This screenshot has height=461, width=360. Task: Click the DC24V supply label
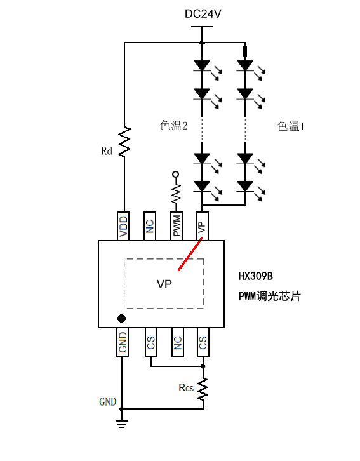[x=203, y=14]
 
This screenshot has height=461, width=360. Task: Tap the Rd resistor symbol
[x=124, y=142]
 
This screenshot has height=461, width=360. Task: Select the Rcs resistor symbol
[x=203, y=389]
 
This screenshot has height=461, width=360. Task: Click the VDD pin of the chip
[x=123, y=226]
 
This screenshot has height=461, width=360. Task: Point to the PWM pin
[x=177, y=226]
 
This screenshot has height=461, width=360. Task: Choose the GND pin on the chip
[x=123, y=342]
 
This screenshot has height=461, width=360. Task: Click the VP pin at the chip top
[x=202, y=226]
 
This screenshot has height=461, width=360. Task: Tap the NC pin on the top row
[x=150, y=226]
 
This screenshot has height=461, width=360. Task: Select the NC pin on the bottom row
[x=178, y=342]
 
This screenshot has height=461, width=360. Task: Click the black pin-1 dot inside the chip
[x=121, y=318]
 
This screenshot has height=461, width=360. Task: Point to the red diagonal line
[x=190, y=255]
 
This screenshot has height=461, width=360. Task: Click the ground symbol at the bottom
[x=122, y=424]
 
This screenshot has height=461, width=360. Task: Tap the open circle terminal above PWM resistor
[x=176, y=175]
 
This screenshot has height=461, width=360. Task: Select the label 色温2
[x=174, y=126]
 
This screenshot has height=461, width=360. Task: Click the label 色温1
[x=291, y=126]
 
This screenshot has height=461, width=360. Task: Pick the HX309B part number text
[x=256, y=276]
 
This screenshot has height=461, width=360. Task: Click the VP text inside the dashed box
[x=164, y=284]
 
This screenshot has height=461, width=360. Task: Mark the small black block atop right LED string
[x=245, y=51]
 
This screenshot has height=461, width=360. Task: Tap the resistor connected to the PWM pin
[x=176, y=193]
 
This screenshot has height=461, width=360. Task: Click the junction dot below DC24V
[x=202, y=43]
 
